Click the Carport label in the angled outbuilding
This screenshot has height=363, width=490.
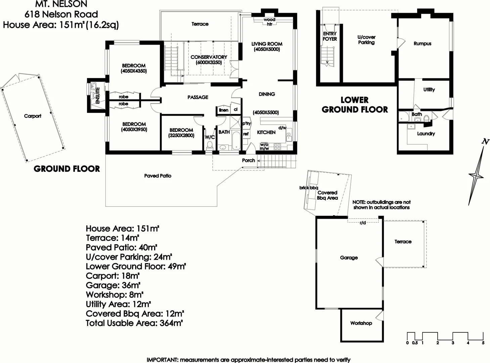[33, 116]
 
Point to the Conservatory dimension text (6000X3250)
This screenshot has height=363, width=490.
[209, 63]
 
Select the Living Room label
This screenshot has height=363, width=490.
[267, 44]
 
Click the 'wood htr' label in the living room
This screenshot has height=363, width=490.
[269, 22]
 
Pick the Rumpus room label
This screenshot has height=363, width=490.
[422, 44]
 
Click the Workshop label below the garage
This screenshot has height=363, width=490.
[361, 323]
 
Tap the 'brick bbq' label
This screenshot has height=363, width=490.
[308, 188]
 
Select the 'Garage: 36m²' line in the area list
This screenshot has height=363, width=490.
[113, 285]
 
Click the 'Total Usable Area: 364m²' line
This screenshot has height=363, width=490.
[134, 323]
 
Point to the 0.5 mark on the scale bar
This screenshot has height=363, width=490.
[415, 343]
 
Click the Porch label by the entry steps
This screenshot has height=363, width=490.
[249, 160]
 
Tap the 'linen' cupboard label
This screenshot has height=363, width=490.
[224, 110]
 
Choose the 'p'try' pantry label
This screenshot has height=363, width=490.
[247, 123]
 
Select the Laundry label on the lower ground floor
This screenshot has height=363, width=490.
[426, 133]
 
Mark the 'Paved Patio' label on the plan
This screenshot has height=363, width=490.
[158, 176]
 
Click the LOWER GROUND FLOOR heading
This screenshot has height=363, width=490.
[355, 105]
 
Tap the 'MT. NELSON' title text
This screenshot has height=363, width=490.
[61, 4]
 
